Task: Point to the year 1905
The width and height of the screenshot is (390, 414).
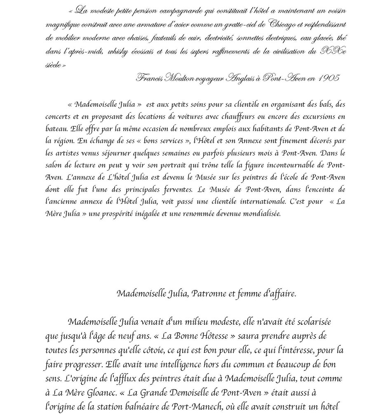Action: pos(329,79)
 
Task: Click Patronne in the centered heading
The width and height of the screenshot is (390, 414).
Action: pos(209,294)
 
